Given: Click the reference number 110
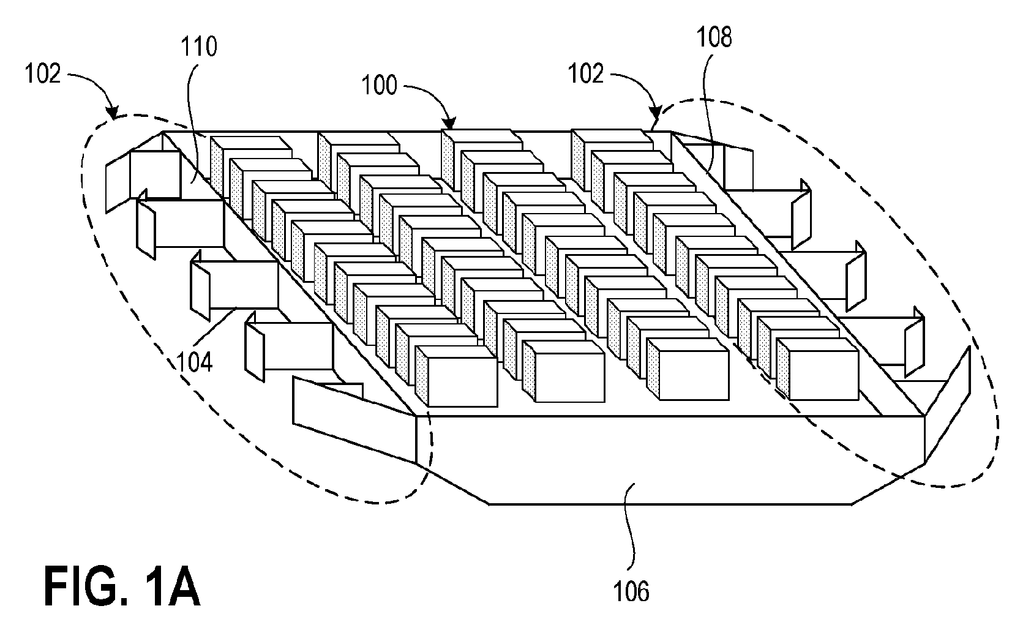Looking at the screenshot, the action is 198,47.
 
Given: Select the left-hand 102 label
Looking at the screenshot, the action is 42,73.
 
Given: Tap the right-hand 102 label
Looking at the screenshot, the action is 586,73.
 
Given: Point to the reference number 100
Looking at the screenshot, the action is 379,86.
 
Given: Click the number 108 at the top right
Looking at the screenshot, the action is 714,38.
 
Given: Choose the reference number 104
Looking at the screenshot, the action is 195,362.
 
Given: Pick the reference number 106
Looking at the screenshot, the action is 631,591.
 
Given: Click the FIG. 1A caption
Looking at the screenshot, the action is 122,587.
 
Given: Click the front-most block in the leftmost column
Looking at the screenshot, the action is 457,376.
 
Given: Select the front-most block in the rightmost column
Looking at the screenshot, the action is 817,369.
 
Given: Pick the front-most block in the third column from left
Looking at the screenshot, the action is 688,369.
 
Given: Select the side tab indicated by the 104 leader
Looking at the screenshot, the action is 234,285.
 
